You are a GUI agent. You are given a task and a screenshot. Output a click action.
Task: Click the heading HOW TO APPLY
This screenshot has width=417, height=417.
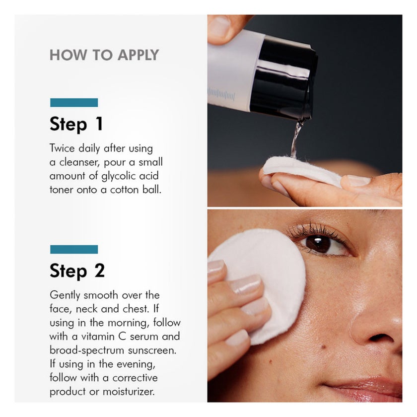click(x=104, y=55)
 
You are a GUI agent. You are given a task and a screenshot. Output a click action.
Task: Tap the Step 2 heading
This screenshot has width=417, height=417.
click(x=77, y=271)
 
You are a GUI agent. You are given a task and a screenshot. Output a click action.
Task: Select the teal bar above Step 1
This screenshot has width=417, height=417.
click(x=74, y=103)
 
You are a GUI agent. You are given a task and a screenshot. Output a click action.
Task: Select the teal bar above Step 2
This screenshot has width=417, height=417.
click(x=74, y=249)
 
